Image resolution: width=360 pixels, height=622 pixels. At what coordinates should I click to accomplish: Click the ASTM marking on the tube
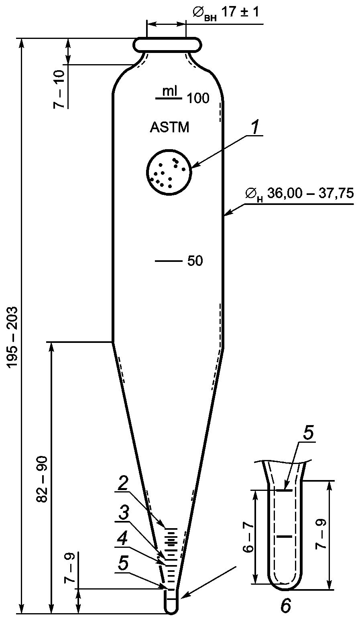(170, 128)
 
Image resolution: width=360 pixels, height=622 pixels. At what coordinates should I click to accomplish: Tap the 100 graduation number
(198, 98)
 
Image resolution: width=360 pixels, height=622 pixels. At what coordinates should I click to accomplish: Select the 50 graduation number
(195, 261)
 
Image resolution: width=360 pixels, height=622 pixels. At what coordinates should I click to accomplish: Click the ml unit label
(170, 91)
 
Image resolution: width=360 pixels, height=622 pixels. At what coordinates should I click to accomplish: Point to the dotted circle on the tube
(169, 172)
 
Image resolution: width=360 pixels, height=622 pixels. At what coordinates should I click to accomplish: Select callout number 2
(122, 484)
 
